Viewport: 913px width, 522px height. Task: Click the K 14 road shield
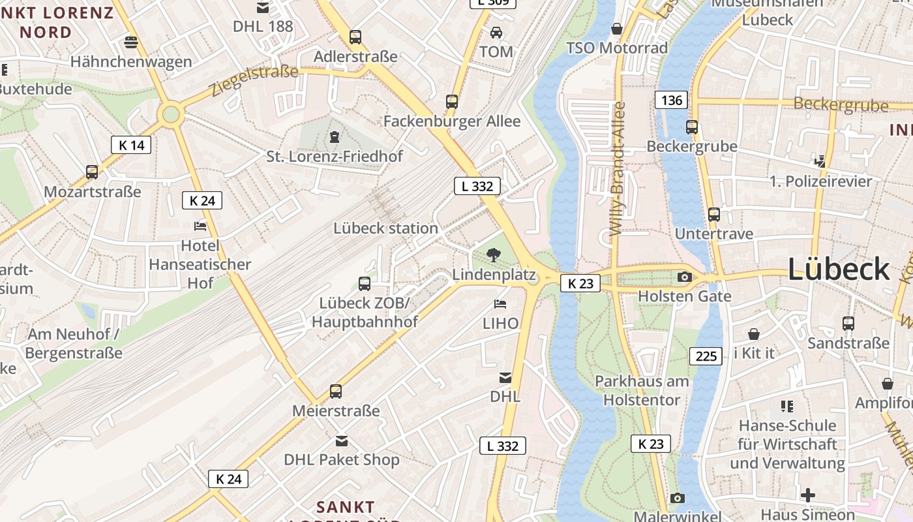click(131, 145)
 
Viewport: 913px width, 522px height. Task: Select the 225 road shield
click(706, 356)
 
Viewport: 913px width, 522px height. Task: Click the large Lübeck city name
click(839, 269)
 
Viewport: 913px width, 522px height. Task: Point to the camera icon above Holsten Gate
click(684, 277)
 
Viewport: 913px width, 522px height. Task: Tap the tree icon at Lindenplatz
click(494, 255)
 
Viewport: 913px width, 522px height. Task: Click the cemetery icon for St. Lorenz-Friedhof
click(335, 136)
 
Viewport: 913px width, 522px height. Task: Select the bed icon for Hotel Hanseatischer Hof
click(200, 226)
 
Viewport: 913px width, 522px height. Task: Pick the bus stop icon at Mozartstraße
click(92, 172)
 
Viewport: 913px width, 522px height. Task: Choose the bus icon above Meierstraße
click(336, 391)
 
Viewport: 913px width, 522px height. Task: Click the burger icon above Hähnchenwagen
click(131, 42)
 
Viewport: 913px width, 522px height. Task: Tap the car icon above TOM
click(496, 32)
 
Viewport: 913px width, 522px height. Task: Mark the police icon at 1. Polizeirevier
click(820, 161)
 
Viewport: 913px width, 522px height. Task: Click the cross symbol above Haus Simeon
click(807, 495)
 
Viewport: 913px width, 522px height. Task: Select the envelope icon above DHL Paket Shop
click(342, 441)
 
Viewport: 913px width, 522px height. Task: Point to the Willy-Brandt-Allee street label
click(618, 168)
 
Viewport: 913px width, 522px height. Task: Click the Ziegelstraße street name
click(254, 80)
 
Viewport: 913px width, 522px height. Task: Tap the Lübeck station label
click(385, 228)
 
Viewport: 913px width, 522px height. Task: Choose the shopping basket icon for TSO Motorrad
click(616, 29)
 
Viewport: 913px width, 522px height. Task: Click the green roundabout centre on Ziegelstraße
click(171, 114)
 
